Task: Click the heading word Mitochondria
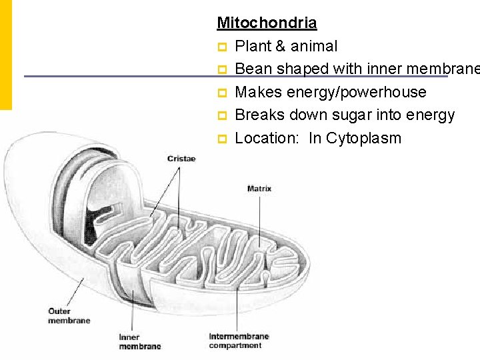pyautogui.click(x=267, y=23)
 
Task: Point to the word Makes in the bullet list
pyautogui.click(x=257, y=92)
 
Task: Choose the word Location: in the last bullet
pyautogui.click(x=269, y=138)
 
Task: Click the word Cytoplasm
pyautogui.click(x=365, y=138)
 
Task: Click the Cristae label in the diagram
pyautogui.click(x=181, y=159)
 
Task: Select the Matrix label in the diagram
pyautogui.click(x=259, y=189)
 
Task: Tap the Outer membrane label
pyautogui.click(x=69, y=315)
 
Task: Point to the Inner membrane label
pyautogui.click(x=139, y=341)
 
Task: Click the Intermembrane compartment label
pyautogui.click(x=239, y=341)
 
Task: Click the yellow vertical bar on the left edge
pyautogui.click(x=5, y=53)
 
